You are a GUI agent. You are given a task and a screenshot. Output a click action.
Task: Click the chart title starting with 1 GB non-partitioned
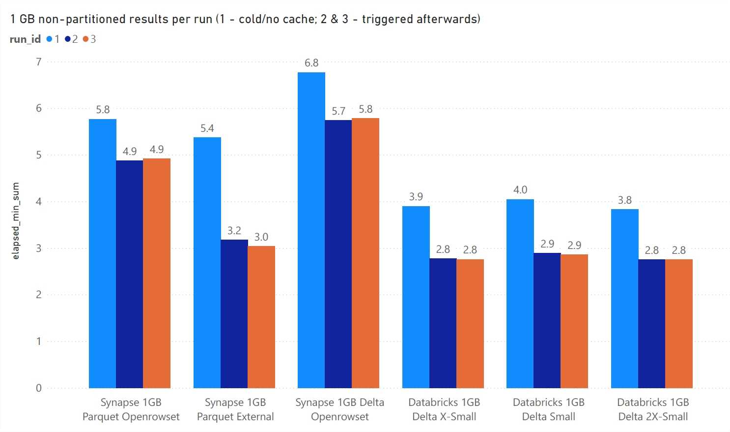tap(245, 19)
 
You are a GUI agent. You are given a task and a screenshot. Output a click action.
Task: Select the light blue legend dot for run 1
tap(49, 39)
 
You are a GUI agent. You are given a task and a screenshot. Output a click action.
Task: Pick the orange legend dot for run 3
tap(85, 39)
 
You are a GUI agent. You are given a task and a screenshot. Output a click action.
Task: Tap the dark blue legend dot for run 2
tap(67, 39)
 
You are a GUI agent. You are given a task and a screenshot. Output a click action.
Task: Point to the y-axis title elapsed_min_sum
tap(16, 221)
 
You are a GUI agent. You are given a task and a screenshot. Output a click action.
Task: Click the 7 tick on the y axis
tap(38, 62)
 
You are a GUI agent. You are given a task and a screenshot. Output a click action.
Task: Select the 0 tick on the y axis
tap(38, 388)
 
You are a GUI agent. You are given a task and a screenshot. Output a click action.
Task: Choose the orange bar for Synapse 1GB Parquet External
tap(261, 317)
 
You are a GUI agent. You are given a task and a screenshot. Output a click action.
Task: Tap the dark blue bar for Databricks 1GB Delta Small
tap(547, 320)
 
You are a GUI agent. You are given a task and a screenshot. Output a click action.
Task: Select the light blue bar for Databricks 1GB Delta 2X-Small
tap(624, 299)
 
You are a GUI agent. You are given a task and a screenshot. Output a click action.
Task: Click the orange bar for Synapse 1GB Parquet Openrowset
tap(156, 273)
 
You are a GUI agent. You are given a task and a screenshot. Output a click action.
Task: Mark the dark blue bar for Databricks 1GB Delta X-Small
tap(443, 323)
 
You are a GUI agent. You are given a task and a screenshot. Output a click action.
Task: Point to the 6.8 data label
tap(311, 63)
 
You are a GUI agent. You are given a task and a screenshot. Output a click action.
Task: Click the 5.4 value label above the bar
tap(207, 128)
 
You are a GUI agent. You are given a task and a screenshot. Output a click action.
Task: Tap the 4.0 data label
tap(520, 190)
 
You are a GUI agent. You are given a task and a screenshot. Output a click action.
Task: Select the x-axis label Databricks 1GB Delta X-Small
tap(444, 409)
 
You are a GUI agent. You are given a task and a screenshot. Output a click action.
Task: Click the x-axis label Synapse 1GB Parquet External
tap(235, 409)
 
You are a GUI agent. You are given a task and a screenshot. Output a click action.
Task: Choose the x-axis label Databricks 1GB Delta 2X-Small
tap(652, 409)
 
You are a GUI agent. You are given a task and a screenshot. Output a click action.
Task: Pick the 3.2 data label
tap(234, 231)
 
